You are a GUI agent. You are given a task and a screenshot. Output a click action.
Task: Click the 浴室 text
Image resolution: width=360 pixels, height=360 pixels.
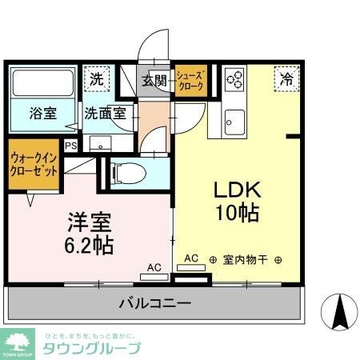pos(43,113)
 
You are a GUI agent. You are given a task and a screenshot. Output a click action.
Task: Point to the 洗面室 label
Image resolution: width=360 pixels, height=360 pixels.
pos(105,113)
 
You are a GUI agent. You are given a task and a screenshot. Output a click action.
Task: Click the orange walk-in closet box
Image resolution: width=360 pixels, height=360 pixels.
pos(34,163)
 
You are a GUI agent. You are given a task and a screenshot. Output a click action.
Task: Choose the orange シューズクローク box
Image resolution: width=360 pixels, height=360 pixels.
pos(191,79)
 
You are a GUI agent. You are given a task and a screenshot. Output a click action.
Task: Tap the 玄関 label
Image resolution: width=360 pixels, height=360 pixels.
pos(155,79)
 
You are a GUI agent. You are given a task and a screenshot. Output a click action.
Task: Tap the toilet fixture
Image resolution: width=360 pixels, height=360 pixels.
pos(128,171)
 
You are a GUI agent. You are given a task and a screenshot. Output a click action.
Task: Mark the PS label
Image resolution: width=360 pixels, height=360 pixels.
pos(71,145)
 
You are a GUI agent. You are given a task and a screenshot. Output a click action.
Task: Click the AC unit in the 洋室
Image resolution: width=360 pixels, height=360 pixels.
pos(154,278)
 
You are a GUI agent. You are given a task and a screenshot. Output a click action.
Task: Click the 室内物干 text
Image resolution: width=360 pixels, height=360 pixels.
pos(246,259)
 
